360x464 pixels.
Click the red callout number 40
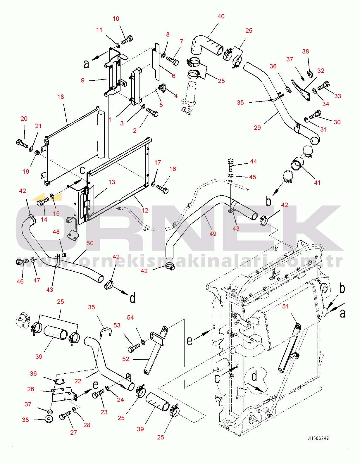(221, 16)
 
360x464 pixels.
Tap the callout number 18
(61, 97)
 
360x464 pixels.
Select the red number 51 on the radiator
(285, 306)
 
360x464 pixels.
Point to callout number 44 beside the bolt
(254, 161)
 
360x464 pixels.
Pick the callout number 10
(116, 19)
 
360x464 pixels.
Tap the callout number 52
(126, 359)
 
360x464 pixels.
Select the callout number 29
(257, 128)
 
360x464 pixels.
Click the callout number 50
(90, 243)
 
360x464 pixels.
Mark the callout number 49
(213, 234)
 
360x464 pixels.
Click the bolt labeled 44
(230, 165)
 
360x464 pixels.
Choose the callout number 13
(112, 182)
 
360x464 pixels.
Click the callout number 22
(78, 381)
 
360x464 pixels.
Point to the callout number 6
(174, 76)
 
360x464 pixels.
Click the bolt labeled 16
(162, 189)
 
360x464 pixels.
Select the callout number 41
(317, 182)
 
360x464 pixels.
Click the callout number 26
(30, 389)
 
